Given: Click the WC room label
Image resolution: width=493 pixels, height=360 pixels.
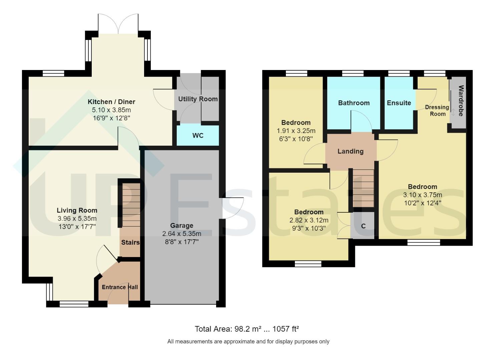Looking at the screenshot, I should (x=198, y=136).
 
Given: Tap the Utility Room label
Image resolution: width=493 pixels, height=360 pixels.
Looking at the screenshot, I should (x=198, y=99).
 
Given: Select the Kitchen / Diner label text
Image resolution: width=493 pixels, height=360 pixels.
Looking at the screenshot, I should (x=111, y=102).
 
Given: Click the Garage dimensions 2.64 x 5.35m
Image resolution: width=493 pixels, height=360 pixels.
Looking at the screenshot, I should (x=182, y=234).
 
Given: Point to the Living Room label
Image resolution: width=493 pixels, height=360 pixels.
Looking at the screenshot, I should (x=77, y=210).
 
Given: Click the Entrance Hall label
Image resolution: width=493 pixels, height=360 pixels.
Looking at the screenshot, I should (x=120, y=287).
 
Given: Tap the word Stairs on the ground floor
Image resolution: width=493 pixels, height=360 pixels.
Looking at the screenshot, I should (x=130, y=242).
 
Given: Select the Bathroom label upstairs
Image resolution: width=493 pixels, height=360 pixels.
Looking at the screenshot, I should (x=354, y=103).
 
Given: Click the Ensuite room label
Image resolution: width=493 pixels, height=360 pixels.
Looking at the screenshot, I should (x=399, y=103).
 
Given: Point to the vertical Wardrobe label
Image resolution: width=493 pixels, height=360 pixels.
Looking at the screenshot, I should (x=461, y=101).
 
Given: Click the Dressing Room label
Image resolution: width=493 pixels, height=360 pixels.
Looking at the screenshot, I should (x=437, y=110).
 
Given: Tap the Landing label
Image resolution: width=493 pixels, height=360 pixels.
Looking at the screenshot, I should (x=351, y=151).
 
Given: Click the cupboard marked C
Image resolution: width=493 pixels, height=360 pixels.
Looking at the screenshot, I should (x=363, y=226).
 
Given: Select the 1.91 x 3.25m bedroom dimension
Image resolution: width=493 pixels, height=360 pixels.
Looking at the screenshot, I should (x=296, y=131).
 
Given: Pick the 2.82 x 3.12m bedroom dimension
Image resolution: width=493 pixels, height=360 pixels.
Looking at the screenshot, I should (x=309, y=220).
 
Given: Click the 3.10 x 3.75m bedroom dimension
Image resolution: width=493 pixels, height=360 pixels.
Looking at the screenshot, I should (x=423, y=195).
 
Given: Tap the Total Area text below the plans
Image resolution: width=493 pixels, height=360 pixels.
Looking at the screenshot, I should (x=246, y=329).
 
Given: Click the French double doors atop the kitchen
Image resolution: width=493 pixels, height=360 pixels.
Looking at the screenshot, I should (x=118, y=24).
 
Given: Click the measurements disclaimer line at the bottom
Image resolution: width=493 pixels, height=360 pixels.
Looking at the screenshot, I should (x=248, y=341).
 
